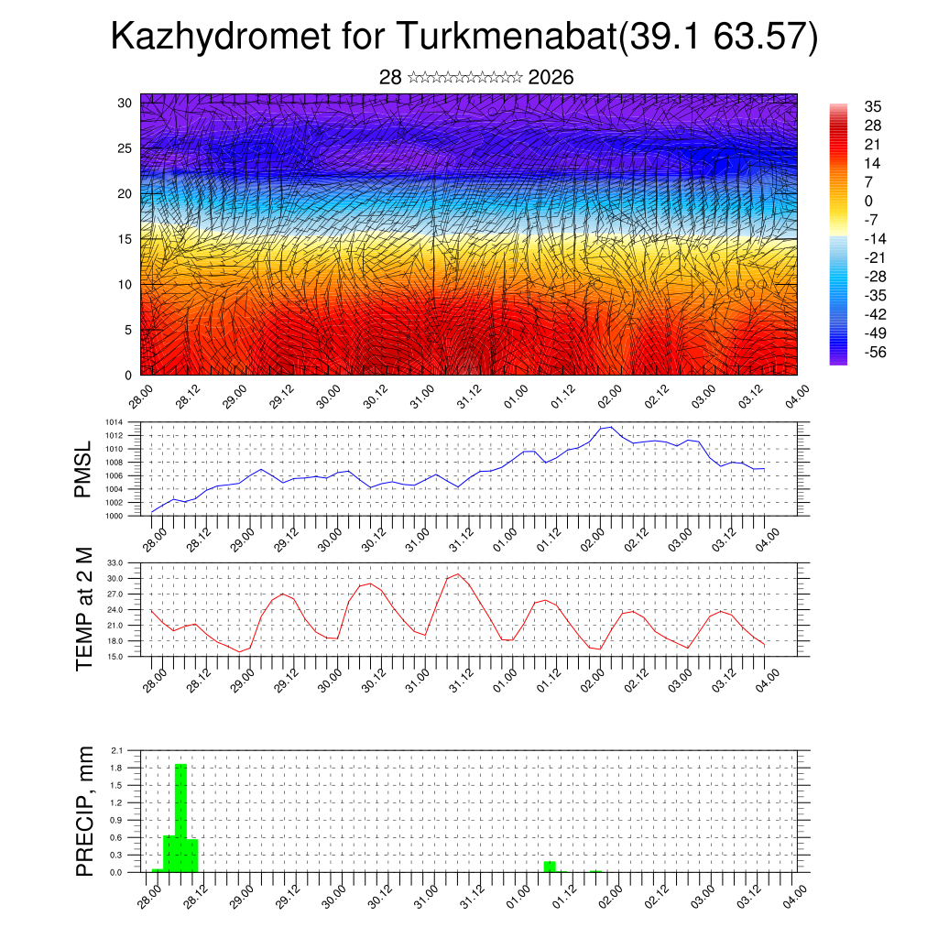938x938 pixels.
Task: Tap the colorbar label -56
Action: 874,352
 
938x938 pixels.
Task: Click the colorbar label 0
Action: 868,202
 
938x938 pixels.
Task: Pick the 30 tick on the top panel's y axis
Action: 124,103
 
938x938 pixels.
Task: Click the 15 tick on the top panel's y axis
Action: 124,239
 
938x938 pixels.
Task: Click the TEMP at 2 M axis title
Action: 85,608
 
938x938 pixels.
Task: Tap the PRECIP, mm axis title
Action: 85,811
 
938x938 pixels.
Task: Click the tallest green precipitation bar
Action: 180,815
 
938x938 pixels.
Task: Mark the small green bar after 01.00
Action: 550,867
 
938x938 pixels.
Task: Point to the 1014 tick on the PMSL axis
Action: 113,422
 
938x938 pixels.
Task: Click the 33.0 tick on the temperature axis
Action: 115,562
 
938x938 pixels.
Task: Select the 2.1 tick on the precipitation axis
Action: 117,750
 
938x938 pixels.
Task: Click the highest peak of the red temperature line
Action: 458,574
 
